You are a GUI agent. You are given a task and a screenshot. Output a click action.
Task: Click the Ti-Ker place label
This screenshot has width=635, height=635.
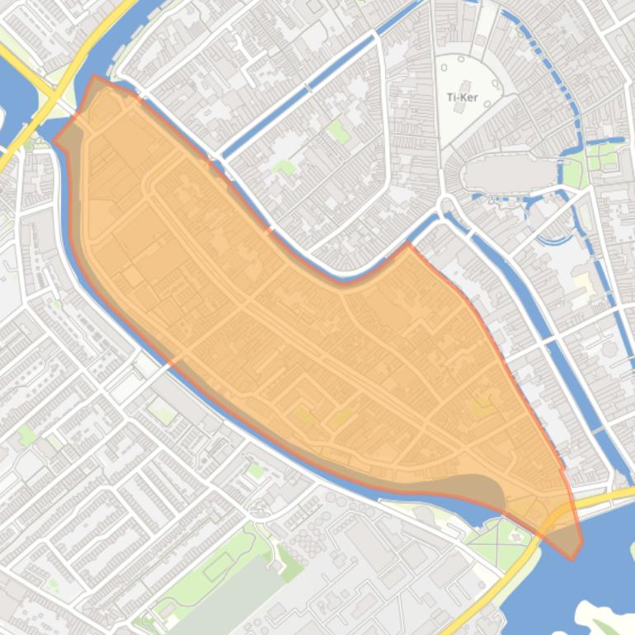pyautogui.click(x=463, y=97)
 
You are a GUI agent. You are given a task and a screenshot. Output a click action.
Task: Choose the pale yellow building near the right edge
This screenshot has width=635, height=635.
pyautogui.click(x=583, y=285)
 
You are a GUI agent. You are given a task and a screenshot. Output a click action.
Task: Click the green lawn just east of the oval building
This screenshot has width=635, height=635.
pyautogui.click(x=574, y=174)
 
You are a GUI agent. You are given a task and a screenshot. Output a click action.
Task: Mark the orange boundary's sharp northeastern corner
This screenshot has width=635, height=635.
pyautogui.click(x=408, y=244)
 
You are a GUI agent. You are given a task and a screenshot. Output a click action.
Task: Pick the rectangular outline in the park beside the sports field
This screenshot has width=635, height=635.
pyautogui.click(x=218, y=567)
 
